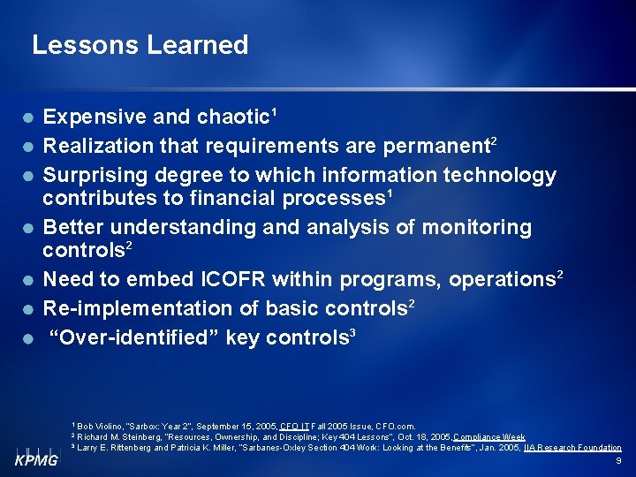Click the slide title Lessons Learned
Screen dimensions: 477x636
point(140,45)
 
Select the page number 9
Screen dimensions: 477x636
point(617,461)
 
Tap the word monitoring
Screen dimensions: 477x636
point(477,228)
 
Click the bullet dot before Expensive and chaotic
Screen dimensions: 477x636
point(29,117)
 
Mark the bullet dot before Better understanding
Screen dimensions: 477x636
point(29,228)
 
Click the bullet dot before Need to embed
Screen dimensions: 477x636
point(29,280)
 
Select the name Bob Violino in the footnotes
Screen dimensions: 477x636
point(102,427)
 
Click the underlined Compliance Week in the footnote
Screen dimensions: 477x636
point(488,437)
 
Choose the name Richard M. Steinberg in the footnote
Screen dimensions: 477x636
point(116,437)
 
